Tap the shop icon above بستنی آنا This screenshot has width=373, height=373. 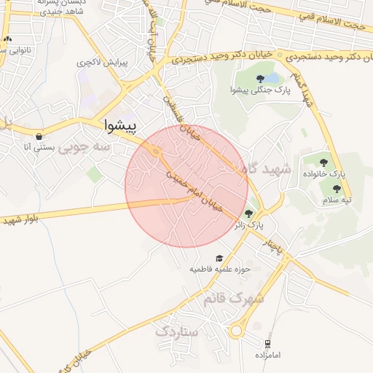click(x=38, y=136)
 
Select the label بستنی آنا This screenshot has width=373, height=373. click(x=38, y=147)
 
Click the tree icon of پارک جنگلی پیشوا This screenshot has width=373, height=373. click(x=260, y=79)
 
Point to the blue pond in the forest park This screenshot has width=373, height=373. click(x=271, y=76)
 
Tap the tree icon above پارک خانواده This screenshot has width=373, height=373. click(x=325, y=162)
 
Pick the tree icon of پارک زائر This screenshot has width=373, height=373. click(x=249, y=213)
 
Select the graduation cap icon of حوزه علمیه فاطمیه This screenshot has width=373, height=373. click(x=219, y=259)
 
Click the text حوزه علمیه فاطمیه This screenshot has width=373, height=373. click(x=220, y=270)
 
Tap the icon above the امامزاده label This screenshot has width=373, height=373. click(x=268, y=343)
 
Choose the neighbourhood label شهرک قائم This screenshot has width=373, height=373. click(x=236, y=298)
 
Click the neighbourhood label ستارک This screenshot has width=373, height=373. click(x=176, y=331)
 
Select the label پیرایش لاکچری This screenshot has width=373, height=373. click(x=103, y=63)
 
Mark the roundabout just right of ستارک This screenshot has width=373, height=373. click(x=236, y=331)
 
